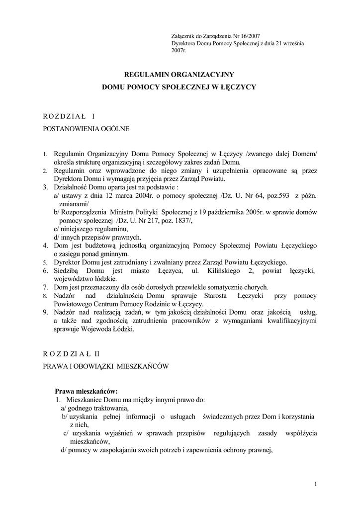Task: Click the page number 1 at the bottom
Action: tap(316, 484)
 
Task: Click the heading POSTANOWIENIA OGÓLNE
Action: tap(88, 129)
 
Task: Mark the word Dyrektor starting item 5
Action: tap(68, 262)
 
